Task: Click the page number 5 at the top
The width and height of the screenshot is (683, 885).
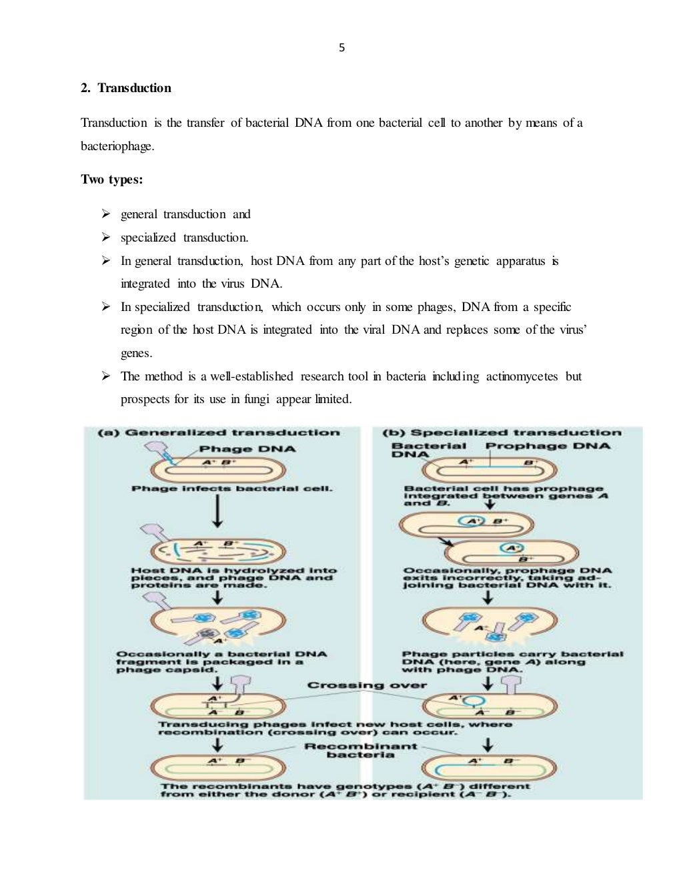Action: pos(341,47)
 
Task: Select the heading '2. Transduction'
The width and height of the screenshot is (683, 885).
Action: pos(126,88)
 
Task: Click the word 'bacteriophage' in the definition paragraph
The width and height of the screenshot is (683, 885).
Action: pos(117,146)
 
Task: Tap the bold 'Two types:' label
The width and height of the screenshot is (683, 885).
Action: pos(111,180)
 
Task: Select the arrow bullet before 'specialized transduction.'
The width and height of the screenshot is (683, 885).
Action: pos(105,238)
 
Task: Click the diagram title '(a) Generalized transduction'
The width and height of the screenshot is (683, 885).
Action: pos(218,433)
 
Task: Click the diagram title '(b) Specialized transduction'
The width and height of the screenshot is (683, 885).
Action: pos(502,433)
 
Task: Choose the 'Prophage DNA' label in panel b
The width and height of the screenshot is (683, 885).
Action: pos(547,446)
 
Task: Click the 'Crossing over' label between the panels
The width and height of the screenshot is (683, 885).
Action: pos(367,685)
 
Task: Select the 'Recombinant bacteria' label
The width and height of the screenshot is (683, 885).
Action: pos(360,751)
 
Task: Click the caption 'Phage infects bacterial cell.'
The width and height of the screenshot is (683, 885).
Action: pos(231,489)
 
